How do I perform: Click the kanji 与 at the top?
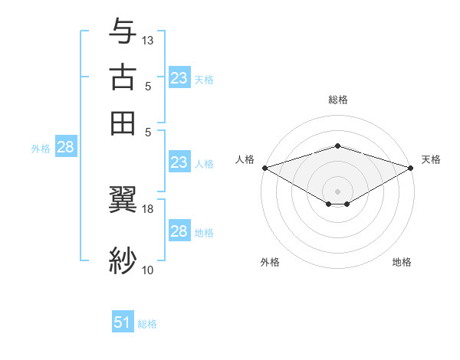point(123,31)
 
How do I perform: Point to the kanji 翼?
point(123,201)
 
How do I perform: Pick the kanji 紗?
point(123,260)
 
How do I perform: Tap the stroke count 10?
point(148,270)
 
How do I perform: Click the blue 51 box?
point(123,323)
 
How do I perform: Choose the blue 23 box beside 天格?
point(179,78)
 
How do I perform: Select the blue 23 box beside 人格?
point(179,162)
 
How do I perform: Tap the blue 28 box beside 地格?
point(179,231)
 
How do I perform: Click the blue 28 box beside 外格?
point(65,148)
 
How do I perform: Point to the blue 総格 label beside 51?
point(147,324)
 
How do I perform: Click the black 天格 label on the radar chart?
point(431,159)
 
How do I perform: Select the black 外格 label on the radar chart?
point(269,262)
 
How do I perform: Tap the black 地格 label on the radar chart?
point(402,262)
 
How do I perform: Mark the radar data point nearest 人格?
point(264,168)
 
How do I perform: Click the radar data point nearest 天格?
point(411,168)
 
